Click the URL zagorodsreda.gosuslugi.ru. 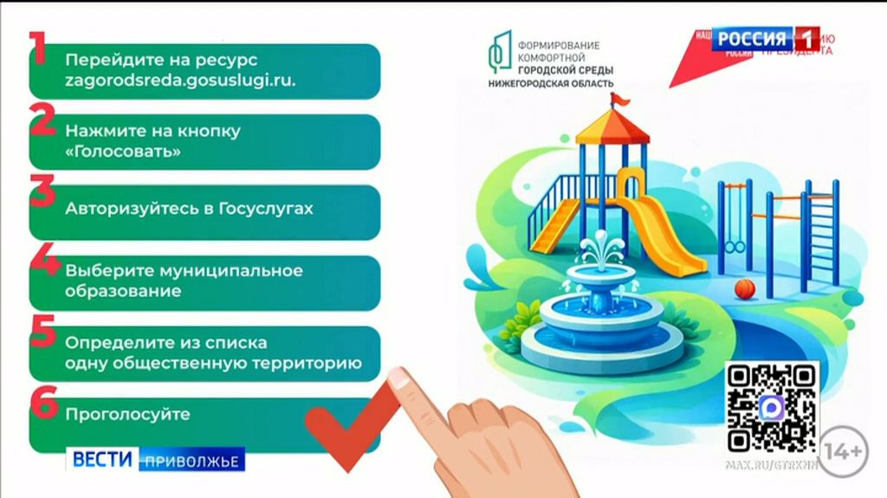coord(180,81)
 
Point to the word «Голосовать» coord(123,152)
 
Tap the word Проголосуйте coord(127,414)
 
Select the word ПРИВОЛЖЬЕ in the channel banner coord(191,460)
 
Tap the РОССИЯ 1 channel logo coord(767,39)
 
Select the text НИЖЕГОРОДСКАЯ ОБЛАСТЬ coord(551,83)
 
